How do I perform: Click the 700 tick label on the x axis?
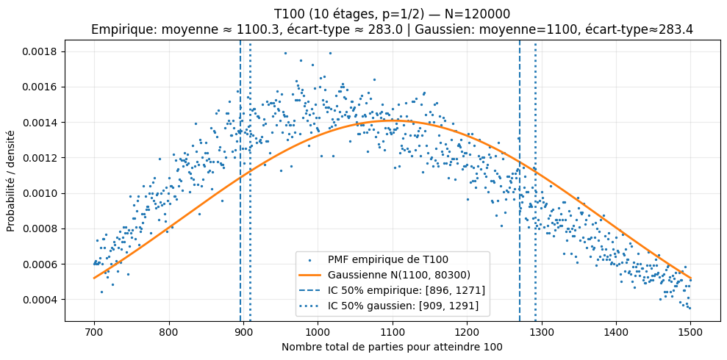94,331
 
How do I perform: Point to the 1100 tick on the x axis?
393,321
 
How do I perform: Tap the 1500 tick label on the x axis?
690,331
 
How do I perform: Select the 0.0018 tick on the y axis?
65,51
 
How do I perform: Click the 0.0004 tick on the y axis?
65,300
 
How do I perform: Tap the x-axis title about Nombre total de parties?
392,347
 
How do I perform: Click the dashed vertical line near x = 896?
240,184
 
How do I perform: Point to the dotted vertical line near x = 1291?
535,184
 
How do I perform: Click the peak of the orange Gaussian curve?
393,120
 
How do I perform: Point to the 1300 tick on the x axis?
542,321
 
